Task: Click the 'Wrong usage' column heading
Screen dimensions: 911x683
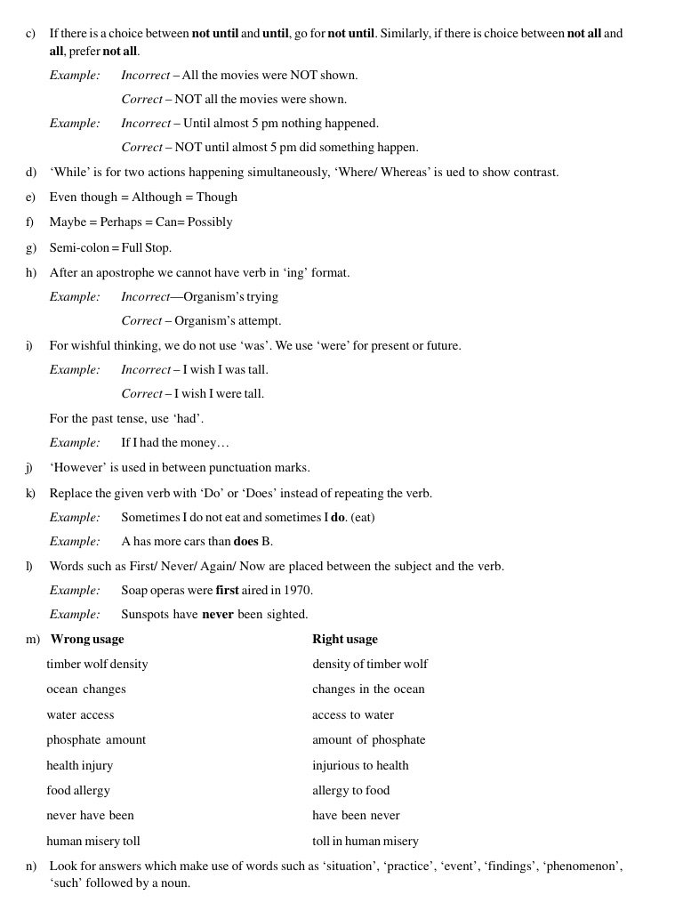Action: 87,639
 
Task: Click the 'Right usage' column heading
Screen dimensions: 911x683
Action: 345,639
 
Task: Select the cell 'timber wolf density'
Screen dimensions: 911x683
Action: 97,664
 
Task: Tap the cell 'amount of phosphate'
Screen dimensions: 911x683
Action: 368,739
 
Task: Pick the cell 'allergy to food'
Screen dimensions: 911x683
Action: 350,790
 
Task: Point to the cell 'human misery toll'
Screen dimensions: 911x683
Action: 93,841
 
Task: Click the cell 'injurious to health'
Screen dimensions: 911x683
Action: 360,765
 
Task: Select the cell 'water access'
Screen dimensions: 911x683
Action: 80,714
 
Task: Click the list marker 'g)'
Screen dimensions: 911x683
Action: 31,248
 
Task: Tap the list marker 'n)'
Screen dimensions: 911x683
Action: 31,866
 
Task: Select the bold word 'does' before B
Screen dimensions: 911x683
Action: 245,541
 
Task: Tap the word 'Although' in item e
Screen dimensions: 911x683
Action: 156,197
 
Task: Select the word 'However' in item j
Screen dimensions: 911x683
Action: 78,467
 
